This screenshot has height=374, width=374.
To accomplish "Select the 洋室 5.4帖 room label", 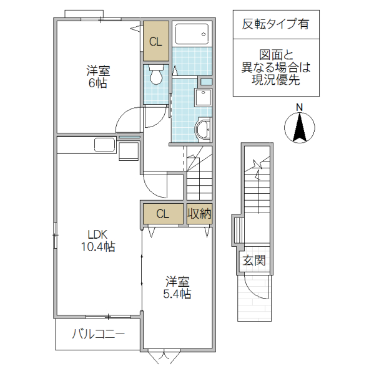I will (x=178, y=287).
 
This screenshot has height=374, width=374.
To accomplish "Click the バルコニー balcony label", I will (x=98, y=335).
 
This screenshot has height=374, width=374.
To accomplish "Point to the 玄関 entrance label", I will (x=254, y=260).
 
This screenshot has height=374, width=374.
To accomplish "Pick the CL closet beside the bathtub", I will (x=155, y=42).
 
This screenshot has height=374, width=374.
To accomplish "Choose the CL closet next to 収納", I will (x=162, y=214).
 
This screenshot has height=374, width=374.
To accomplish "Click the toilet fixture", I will (x=157, y=75).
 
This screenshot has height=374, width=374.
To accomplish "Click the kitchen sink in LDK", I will (x=104, y=145).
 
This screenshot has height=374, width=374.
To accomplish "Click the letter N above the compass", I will (x=300, y=107).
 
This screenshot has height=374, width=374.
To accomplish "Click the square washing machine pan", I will (x=204, y=99).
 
